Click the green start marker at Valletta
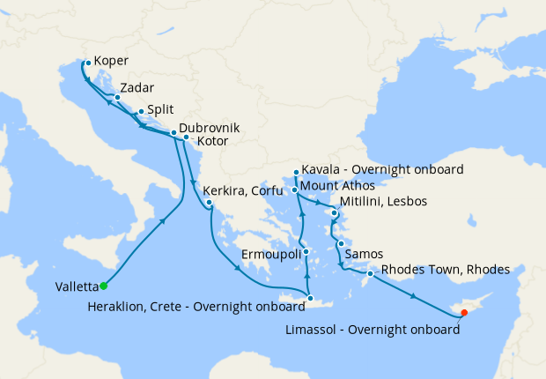103,286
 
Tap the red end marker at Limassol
464,312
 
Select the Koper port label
110,62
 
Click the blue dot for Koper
87,63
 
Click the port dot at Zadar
117,98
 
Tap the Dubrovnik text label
210,127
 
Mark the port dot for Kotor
186,137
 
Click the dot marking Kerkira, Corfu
210,204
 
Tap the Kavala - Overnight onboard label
382,169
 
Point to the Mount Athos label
337,187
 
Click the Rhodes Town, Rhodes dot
370,274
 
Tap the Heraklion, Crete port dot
310,300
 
